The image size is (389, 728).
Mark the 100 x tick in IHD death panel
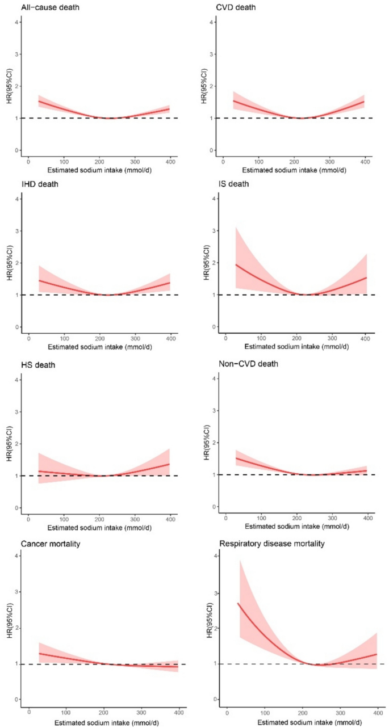pos(64,338)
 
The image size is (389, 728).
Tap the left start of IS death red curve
pos(236,264)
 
